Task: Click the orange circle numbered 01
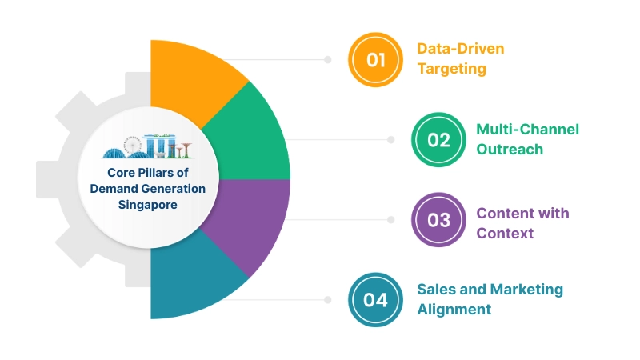375,59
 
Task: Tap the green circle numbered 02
438,139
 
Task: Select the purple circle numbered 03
438,219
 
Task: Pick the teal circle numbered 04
375,299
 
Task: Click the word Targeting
451,69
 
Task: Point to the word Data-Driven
461,49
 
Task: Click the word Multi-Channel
527,129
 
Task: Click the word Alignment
454,309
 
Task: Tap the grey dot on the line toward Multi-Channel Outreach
391,139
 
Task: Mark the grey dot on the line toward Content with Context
391,219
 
